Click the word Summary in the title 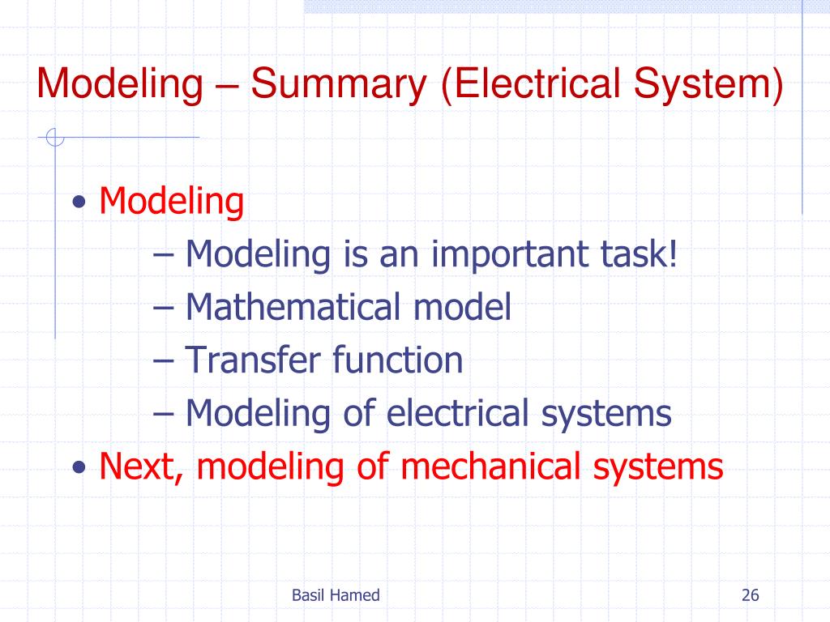pyautogui.click(x=340, y=86)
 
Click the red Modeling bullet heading pyautogui.click(x=171, y=202)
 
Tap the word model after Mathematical pyautogui.click(x=462, y=307)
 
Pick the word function pyautogui.click(x=398, y=360)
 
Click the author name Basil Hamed pyautogui.click(x=336, y=595)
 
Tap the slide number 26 pyautogui.click(x=750, y=595)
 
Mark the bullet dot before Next pyautogui.click(x=79, y=468)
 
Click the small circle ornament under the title pyautogui.click(x=54, y=138)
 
